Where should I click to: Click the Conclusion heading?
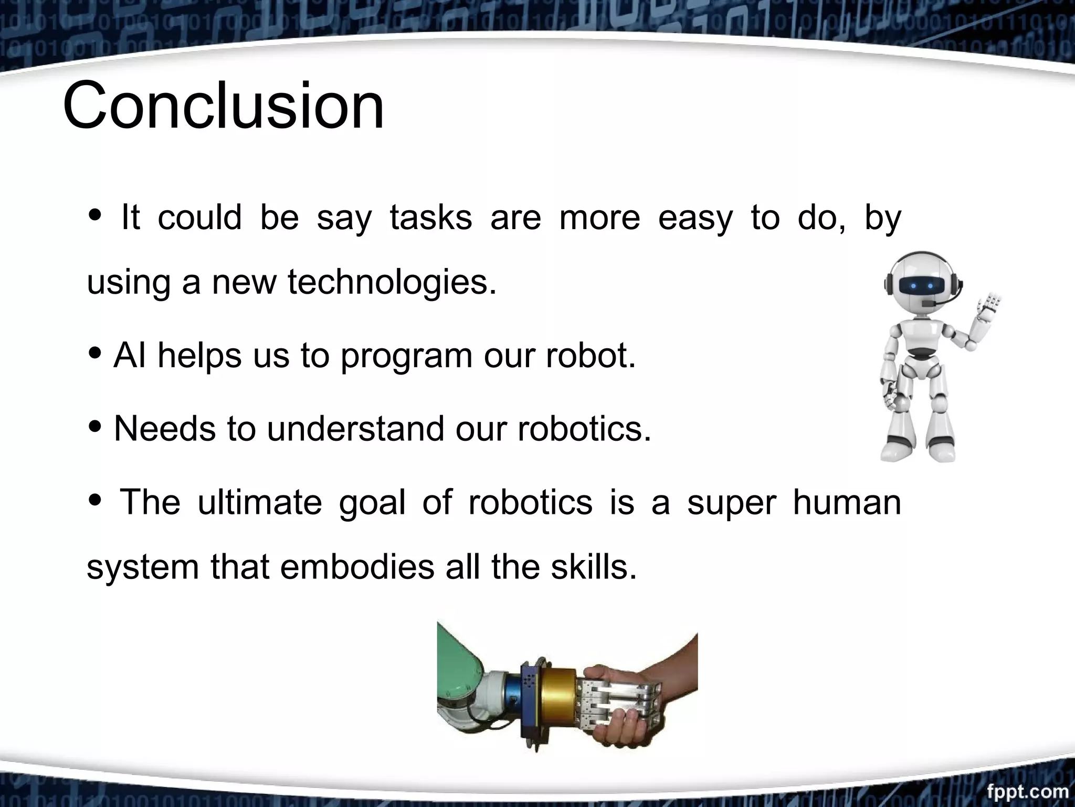(224, 105)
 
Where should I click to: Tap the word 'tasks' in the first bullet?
(431, 218)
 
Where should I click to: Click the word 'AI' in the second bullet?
(129, 355)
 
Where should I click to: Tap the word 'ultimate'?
(259, 502)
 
